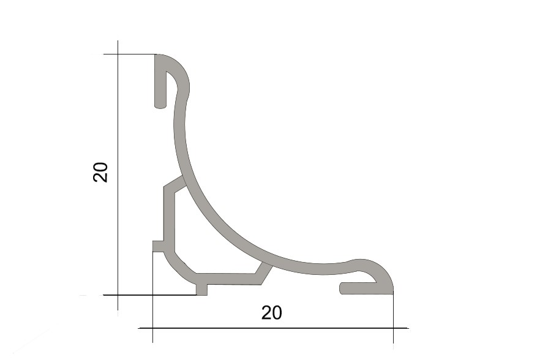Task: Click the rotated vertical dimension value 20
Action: pos(100,172)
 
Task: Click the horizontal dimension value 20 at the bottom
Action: pos(272,313)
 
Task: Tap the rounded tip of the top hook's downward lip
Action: pos(160,105)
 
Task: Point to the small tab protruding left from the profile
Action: pos(159,246)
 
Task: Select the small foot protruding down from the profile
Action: pos(201,290)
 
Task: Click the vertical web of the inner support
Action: pos(169,219)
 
